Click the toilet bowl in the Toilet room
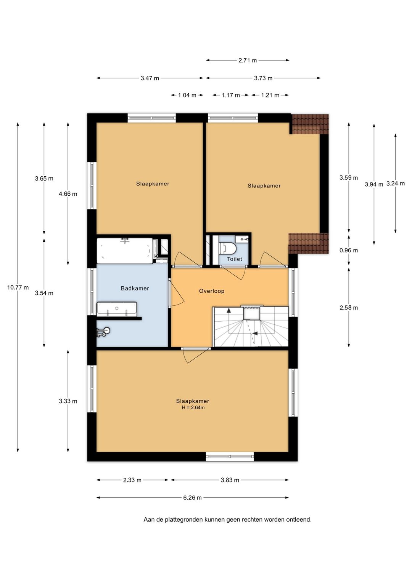pos(227,248)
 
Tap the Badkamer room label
pos(135,288)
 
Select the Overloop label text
pos(212,291)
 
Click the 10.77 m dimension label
pos(18,287)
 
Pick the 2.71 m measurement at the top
pos(248,61)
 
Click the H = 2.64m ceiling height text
pos(193,407)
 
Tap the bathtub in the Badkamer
pos(125,251)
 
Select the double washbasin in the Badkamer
pos(117,309)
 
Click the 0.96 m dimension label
pos(349,250)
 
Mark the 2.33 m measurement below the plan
pos(132,480)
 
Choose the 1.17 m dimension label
pos(230,95)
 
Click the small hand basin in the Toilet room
pos(242,239)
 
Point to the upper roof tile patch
pos(310,124)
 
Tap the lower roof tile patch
pos(309,243)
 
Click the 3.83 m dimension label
pos(230,480)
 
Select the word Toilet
pos(235,259)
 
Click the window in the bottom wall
pos(230,457)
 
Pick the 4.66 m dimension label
pos(68,194)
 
